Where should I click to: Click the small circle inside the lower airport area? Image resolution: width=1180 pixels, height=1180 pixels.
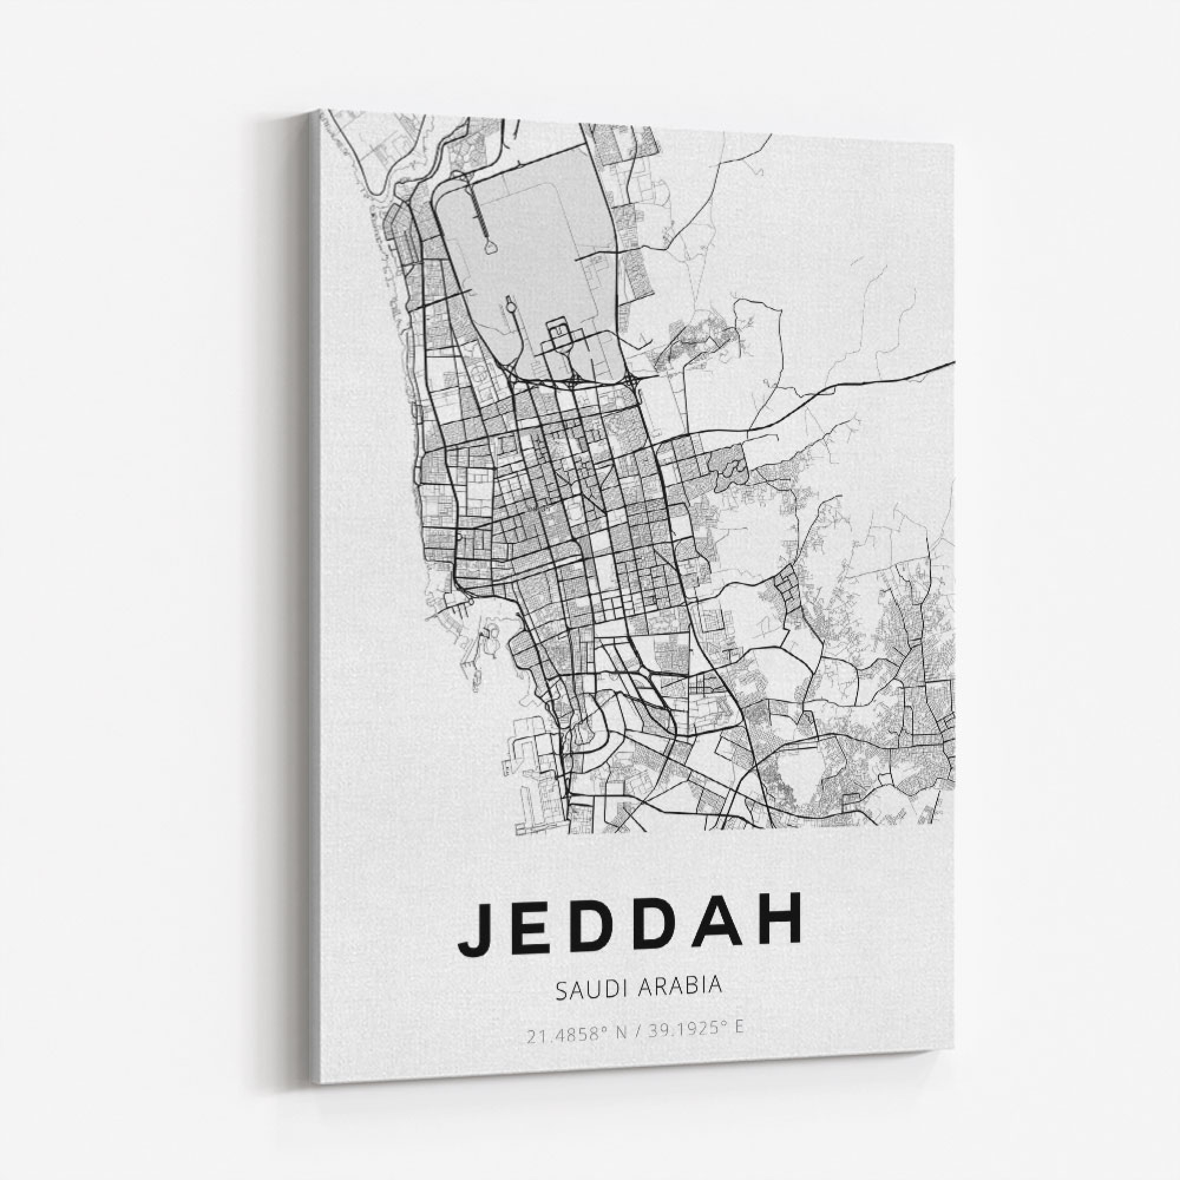point(509,300)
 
